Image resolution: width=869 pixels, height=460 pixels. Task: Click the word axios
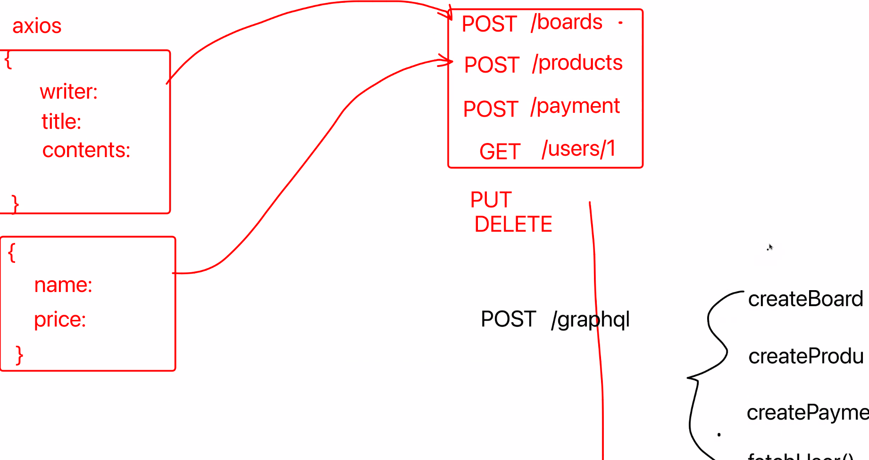(37, 26)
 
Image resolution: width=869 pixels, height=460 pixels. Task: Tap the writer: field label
(69, 92)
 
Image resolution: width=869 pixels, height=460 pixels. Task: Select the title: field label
(61, 122)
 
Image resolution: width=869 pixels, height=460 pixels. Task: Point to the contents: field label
(86, 150)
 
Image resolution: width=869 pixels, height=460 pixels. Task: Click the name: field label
(63, 285)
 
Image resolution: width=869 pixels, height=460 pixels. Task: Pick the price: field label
(60, 319)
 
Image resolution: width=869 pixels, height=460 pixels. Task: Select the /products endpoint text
(577, 63)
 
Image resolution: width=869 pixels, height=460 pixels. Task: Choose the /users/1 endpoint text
(578, 149)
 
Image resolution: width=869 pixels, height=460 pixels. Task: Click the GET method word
(500, 152)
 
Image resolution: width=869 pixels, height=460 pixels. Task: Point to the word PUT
(491, 200)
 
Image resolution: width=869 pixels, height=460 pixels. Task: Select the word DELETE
(513, 224)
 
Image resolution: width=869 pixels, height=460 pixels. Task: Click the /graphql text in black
(590, 320)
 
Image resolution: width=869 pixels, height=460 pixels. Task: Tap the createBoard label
(805, 299)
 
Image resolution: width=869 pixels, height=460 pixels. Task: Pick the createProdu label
(806, 356)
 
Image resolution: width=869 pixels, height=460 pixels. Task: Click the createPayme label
(807, 413)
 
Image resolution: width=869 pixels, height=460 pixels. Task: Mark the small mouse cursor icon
(770, 247)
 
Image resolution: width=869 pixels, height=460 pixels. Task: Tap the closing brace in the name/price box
(19, 355)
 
